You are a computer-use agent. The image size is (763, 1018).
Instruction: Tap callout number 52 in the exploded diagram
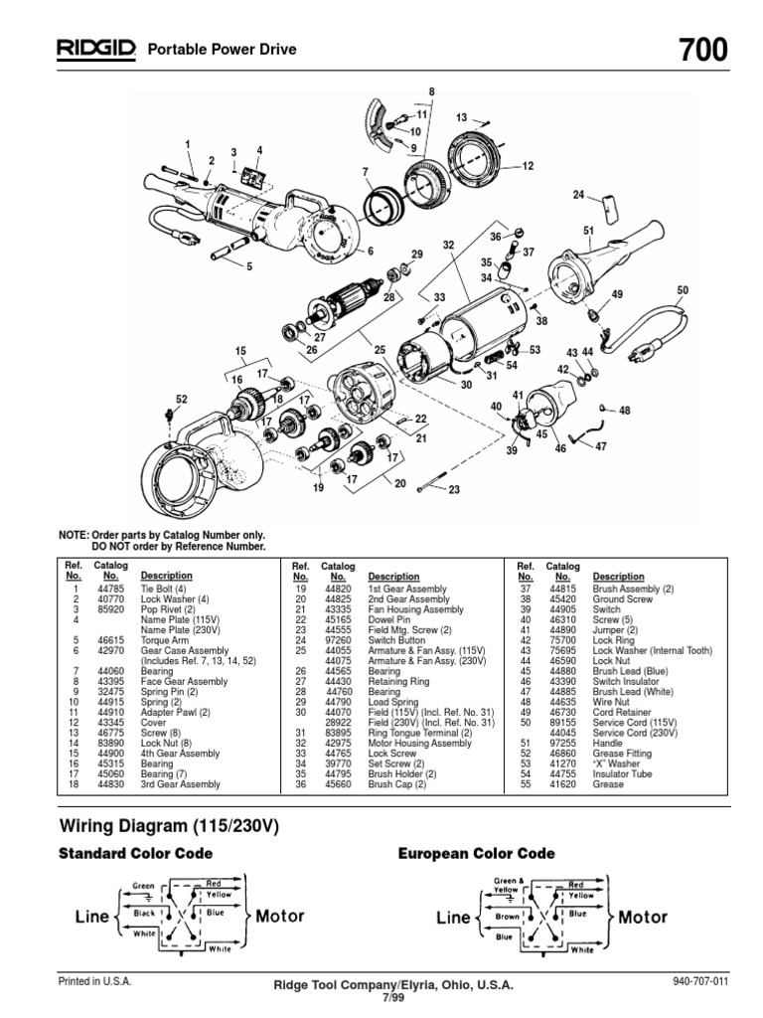181,399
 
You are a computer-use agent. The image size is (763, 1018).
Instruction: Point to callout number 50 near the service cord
682,289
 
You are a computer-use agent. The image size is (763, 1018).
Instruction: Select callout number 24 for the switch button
579,196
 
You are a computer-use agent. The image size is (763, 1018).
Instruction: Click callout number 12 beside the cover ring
528,166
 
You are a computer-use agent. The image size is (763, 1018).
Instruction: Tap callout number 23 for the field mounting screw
454,489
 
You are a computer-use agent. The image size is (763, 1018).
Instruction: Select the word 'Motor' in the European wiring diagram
643,918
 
